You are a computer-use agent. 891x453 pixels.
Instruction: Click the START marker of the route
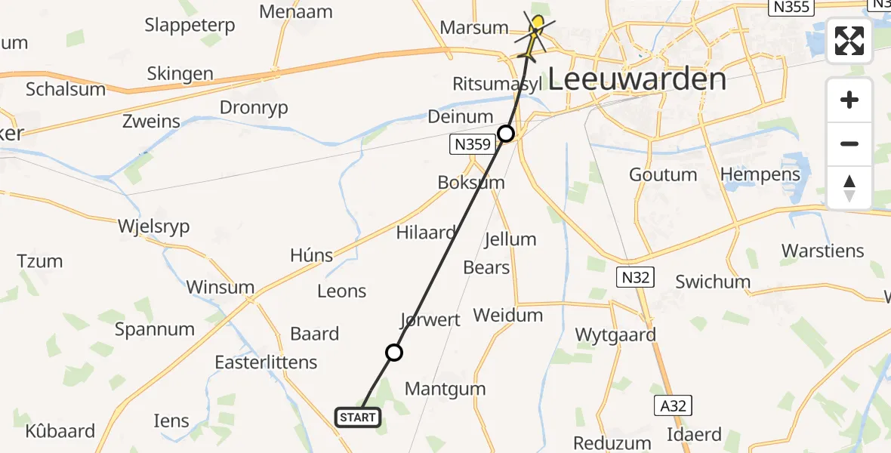(357, 417)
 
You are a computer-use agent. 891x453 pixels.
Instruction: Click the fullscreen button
(849, 40)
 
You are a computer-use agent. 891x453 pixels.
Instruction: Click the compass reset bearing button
(849, 188)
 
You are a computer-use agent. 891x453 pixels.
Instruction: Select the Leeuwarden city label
(637, 79)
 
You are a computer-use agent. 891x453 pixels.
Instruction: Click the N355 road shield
(789, 8)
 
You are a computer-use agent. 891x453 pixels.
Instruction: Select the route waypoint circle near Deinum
(506, 134)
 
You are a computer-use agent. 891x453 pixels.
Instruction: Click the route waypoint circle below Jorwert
(393, 352)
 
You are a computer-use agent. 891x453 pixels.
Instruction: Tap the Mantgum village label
(445, 389)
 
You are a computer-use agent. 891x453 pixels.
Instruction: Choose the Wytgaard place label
(615, 334)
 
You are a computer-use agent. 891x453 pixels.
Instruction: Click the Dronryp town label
(254, 108)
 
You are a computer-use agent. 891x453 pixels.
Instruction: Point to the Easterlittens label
(266, 362)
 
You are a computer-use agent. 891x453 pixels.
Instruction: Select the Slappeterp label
(190, 25)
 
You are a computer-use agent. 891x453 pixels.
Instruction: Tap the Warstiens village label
(823, 251)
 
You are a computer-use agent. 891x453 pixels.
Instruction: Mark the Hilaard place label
(426, 233)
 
